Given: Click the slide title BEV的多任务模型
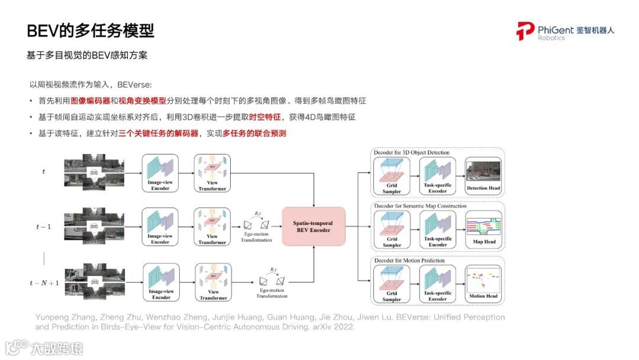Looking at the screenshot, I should [91, 31].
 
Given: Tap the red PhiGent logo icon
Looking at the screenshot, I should [525, 31].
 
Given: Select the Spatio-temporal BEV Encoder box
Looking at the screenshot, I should [313, 227].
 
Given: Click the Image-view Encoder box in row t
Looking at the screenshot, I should [160, 172].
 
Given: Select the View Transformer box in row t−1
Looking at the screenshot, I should [212, 226].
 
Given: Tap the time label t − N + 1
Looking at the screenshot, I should [44, 283].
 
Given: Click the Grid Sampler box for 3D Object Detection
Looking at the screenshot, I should [392, 176].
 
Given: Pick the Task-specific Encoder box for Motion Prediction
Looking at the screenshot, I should [437, 284].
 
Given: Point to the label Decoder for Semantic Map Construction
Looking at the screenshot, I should [419, 206].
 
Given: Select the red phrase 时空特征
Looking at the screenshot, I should [264, 117].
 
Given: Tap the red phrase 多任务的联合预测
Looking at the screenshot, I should [254, 134].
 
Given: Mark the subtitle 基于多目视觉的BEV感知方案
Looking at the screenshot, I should [87, 55].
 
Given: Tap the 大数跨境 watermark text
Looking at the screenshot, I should [57, 348].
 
